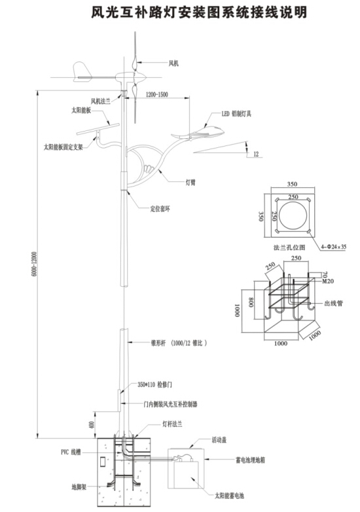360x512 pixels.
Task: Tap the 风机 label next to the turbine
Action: click(173, 63)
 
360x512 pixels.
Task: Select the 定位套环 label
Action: click(160, 210)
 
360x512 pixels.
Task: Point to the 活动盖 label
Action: click(219, 441)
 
